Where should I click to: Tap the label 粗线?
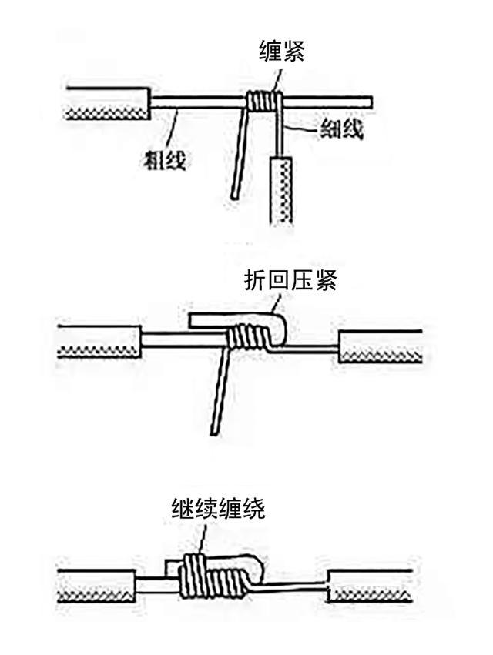166,160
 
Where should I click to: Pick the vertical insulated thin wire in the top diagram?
281,189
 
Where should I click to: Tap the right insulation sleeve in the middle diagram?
381,347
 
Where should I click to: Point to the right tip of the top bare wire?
371,102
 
